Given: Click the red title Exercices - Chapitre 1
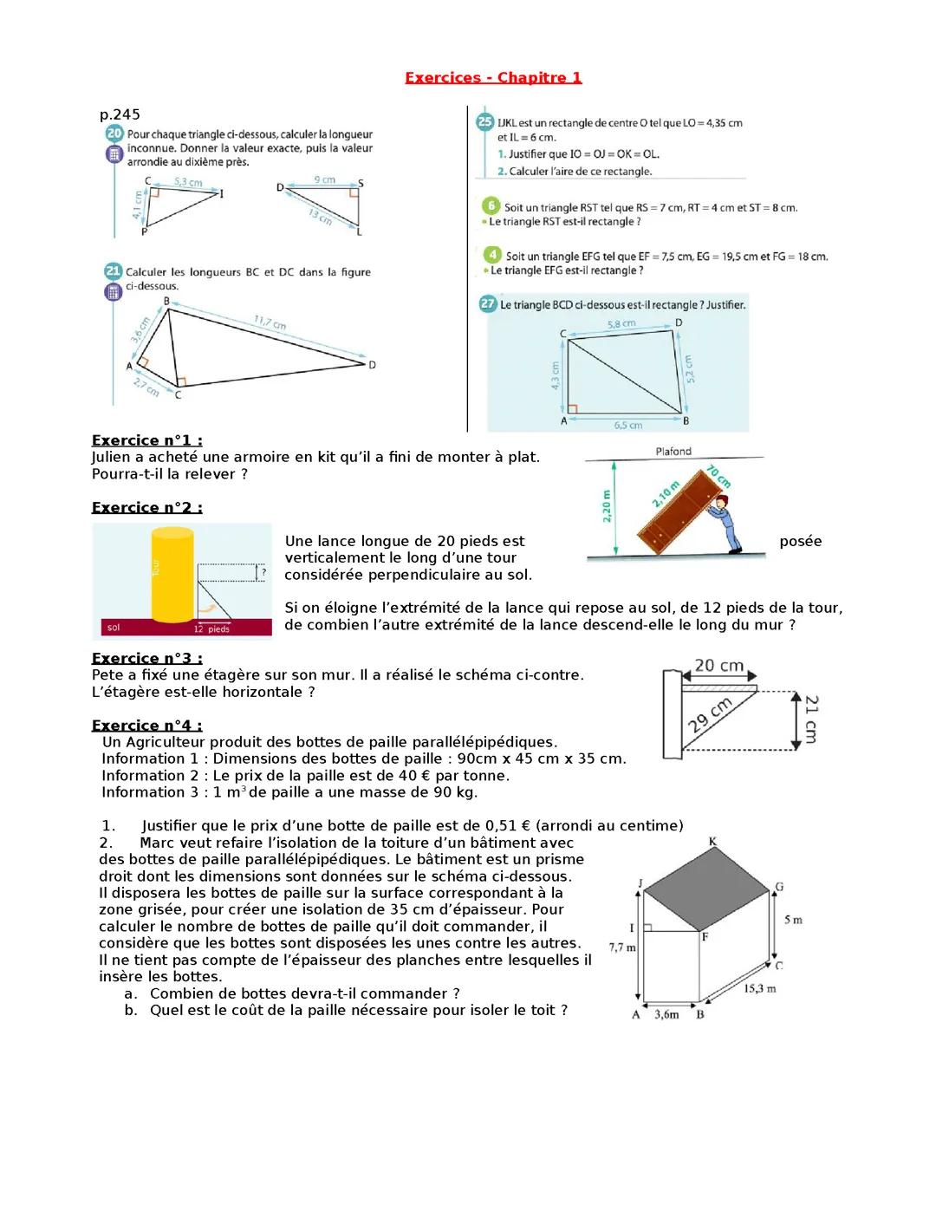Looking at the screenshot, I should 493,78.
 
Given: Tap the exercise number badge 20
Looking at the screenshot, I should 114,134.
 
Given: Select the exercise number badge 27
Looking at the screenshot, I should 486,304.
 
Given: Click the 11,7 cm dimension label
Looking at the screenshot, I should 270,323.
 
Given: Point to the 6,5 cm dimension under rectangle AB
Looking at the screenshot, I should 627,426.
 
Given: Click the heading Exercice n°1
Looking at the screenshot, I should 146,440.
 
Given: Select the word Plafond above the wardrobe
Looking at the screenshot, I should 673,451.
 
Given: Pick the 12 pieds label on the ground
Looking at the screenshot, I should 211,628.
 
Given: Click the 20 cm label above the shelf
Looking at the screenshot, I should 718,666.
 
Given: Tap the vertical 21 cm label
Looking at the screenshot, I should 810,719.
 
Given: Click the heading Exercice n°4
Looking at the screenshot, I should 146,726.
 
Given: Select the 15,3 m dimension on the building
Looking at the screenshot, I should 759,988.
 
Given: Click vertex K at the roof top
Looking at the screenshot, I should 712,842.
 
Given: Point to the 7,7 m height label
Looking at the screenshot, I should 622,947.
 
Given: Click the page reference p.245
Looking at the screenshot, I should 120,114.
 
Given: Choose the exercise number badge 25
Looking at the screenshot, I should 485,122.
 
